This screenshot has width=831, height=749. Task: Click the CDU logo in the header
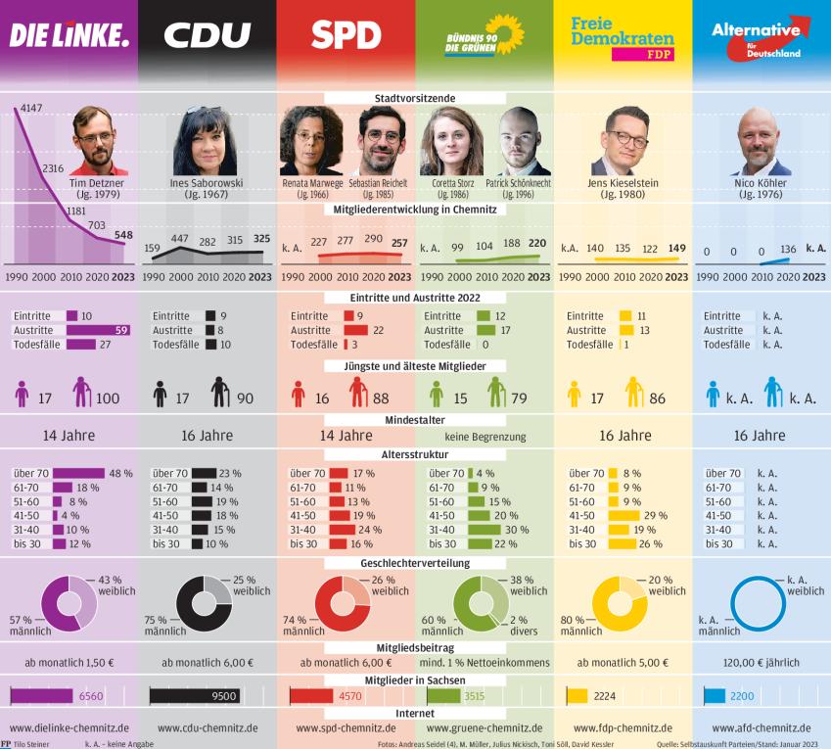[x=207, y=36]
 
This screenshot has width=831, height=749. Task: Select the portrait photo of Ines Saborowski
[x=206, y=142]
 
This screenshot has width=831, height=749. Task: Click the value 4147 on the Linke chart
[x=31, y=107]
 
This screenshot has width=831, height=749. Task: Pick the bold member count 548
[x=122, y=236]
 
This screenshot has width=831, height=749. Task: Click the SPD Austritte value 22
[x=377, y=330]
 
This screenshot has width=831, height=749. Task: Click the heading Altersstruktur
[x=415, y=455]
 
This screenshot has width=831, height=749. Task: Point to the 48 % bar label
[x=120, y=473]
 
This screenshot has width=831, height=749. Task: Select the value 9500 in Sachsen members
[x=223, y=696]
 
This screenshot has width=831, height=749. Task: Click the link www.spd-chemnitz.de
[x=346, y=727]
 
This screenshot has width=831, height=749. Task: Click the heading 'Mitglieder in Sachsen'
[x=415, y=679]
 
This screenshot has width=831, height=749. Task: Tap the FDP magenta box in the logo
[x=642, y=55]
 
